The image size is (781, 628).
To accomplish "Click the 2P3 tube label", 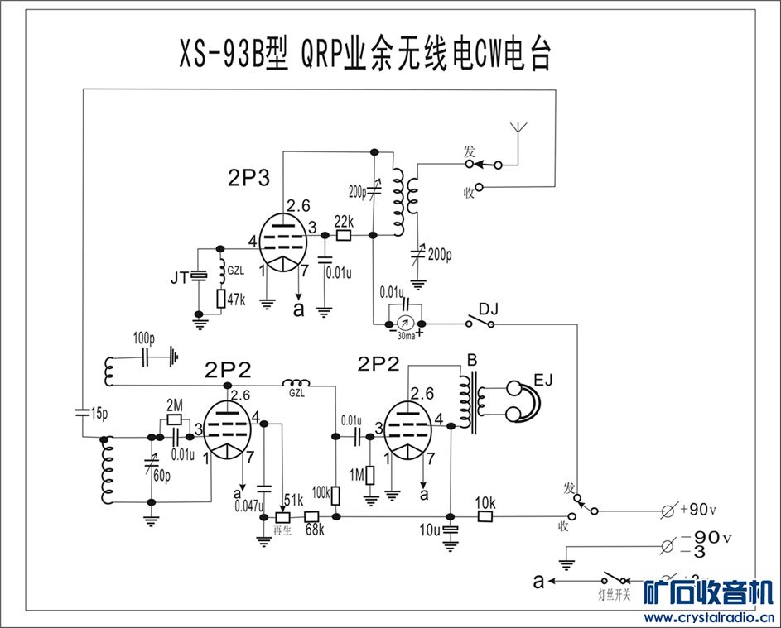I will (249, 177).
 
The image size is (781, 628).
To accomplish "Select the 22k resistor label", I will (344, 221).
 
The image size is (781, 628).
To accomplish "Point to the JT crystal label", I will (179, 279).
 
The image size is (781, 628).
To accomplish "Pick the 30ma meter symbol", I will (403, 322).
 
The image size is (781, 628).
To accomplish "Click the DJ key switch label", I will (489, 308).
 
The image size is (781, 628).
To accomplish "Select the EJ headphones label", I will (542, 380).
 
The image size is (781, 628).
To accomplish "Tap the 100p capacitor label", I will (143, 339).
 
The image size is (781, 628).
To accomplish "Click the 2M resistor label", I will (175, 405).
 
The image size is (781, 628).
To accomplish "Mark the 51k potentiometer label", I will (292, 501).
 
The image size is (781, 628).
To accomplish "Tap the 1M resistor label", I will (356, 475).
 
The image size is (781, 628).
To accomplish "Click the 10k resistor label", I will (485, 502).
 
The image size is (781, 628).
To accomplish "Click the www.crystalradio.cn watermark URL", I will (709, 616).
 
